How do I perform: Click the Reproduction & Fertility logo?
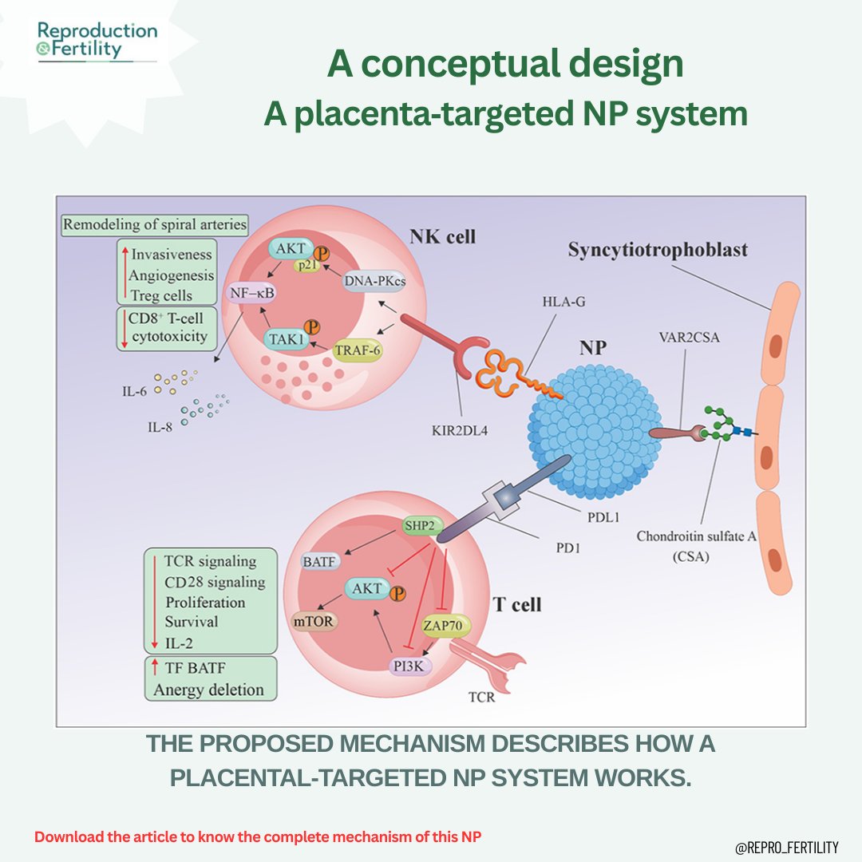click(x=97, y=41)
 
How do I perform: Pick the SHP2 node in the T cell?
click(x=421, y=526)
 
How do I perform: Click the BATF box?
click(x=319, y=562)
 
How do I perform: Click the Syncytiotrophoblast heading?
click(x=658, y=250)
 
